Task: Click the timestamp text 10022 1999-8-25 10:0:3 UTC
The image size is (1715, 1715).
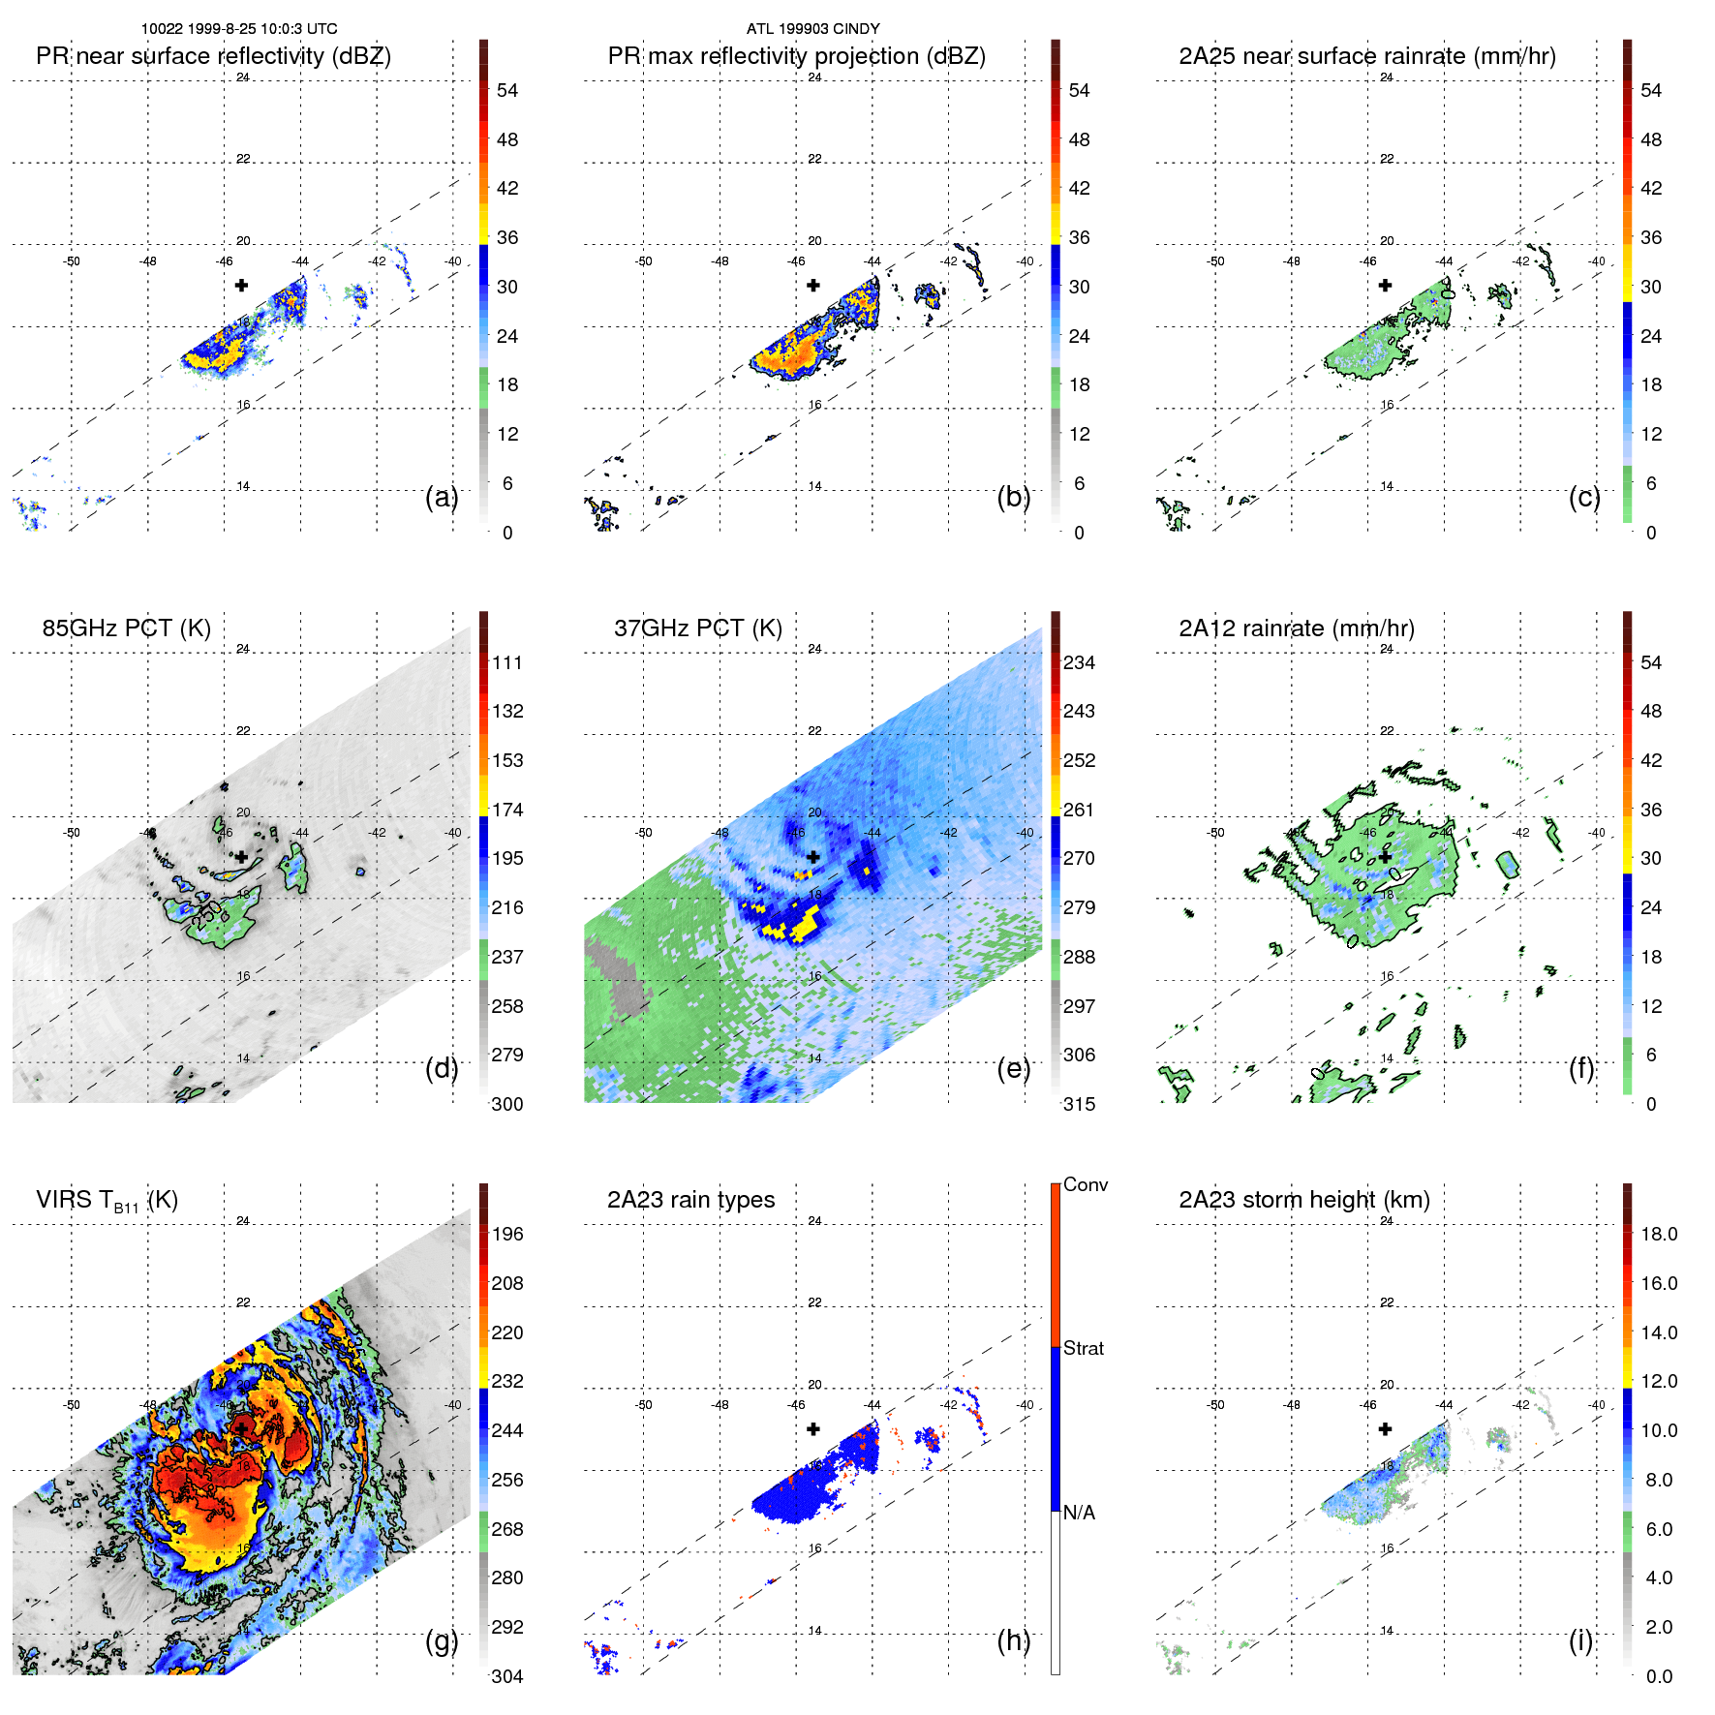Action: click(239, 29)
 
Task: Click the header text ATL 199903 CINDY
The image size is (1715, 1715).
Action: click(812, 29)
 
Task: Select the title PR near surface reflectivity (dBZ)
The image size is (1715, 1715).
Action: click(213, 56)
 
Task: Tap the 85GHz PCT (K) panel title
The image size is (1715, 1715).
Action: click(126, 628)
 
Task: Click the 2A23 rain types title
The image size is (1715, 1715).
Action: click(690, 1200)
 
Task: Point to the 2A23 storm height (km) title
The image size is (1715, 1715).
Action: click(1303, 1200)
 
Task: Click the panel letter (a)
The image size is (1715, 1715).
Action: click(442, 497)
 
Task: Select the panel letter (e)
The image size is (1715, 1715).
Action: click(1014, 1068)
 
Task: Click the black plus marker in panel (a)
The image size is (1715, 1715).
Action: click(241, 285)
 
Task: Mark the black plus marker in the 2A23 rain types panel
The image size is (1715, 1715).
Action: click(813, 1428)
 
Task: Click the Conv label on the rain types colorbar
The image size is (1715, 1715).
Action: click(1085, 1185)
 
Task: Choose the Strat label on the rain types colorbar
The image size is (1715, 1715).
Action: click(1083, 1349)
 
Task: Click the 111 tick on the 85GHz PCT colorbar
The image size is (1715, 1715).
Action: click(506, 663)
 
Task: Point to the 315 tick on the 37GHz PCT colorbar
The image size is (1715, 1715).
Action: click(1079, 1104)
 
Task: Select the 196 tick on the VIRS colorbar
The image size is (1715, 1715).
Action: click(506, 1235)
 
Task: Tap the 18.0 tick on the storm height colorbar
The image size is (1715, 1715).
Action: click(1658, 1235)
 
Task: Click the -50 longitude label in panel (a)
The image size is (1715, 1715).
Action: click(72, 261)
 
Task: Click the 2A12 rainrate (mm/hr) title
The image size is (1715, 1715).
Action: click(1296, 628)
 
